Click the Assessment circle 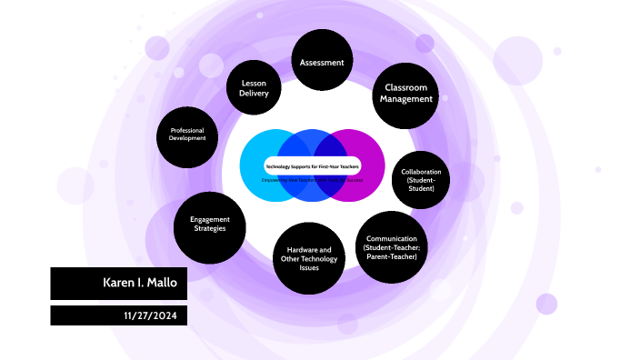coord(322,62)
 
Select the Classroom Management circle coord(405,93)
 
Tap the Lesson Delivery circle coord(254,87)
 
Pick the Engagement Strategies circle coord(209,224)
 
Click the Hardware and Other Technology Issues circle coord(308,258)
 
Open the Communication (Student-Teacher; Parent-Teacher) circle coord(390,247)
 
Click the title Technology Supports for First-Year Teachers coord(312,167)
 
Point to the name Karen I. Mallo coord(145,284)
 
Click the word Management coord(406,99)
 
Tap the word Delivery coord(254,94)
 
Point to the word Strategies coord(209,229)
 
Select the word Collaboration coord(421,172)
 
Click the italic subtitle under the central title coord(312,180)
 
